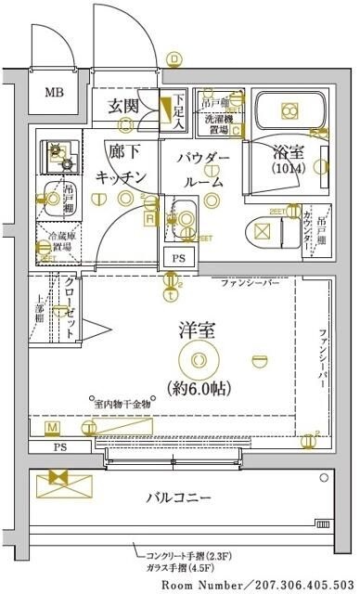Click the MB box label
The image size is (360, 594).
pyautogui.click(x=57, y=91)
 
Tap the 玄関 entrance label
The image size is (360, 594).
pyautogui.click(x=125, y=105)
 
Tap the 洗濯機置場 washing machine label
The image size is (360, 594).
pyautogui.click(x=218, y=120)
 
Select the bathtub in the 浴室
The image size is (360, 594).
pyautogui.click(x=288, y=110)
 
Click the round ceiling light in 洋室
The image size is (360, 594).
pyautogui.click(x=196, y=356)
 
